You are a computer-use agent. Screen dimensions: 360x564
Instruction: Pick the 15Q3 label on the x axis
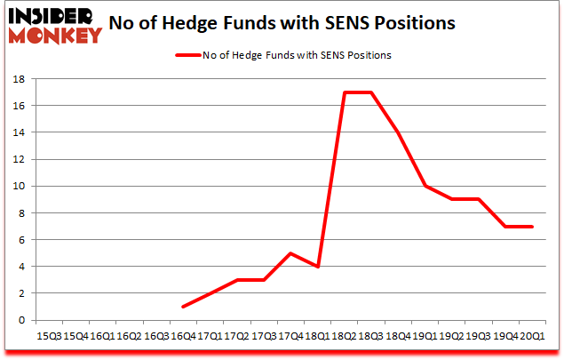pos(49,336)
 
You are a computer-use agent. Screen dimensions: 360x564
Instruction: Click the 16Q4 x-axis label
pos(185,336)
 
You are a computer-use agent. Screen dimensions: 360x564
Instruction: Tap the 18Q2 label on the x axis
pos(346,336)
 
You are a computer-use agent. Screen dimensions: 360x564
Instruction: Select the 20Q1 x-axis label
pos(533,336)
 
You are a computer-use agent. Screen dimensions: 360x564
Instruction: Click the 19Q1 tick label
pos(425,336)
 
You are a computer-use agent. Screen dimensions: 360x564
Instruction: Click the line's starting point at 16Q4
pos(184,307)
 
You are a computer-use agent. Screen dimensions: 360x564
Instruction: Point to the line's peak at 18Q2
pos(345,92)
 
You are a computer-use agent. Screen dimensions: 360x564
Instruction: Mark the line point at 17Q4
pos(291,253)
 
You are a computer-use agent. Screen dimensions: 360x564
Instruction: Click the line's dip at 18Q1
pos(318,267)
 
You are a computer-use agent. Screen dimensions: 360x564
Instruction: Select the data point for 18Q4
pos(398,132)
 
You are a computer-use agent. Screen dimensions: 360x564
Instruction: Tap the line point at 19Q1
pos(425,186)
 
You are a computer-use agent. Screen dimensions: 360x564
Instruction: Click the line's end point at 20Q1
pos(532,227)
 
